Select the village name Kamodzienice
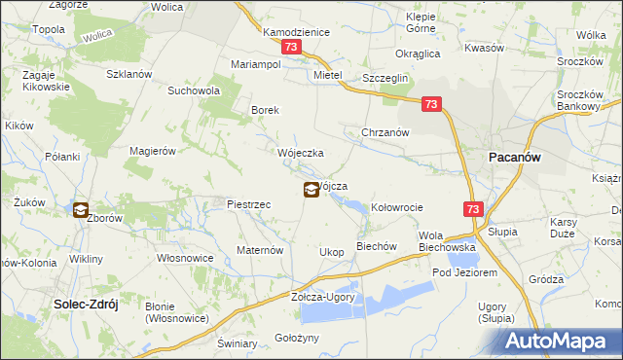pos(297,32)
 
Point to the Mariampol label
pos(256,63)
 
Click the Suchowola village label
pos(195,90)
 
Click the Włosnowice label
pos(186,258)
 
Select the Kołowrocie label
pos(397,207)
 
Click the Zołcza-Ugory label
pos(323,297)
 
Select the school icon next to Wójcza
pos(310,190)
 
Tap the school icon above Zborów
pos(80,209)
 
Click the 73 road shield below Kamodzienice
pos(290,48)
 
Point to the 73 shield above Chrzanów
pos(432,103)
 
